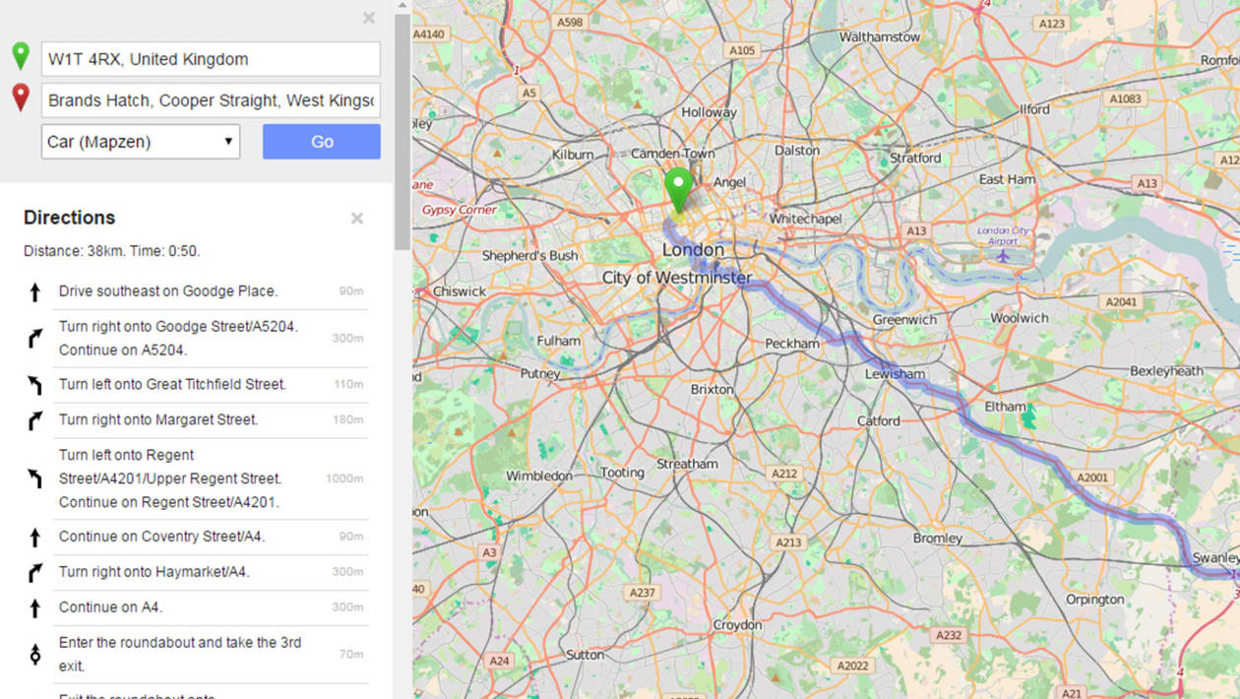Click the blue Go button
pos(321,142)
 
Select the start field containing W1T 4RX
pos(211,59)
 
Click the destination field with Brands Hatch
pos(211,100)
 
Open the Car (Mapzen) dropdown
pos(141,142)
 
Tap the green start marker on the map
pos(678,187)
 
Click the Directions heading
pos(69,218)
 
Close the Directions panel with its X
pos(357,218)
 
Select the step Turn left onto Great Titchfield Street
pos(172,384)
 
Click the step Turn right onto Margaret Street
pos(158,419)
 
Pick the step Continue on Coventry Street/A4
pos(161,537)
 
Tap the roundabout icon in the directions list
pos(35,653)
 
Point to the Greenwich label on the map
pos(904,320)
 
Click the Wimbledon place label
pos(538,476)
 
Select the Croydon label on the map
pos(737,625)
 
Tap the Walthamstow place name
pos(879,37)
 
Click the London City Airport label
pos(1002,235)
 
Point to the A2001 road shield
pos(1091,478)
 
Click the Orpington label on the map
pos(1094,599)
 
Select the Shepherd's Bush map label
pos(529,256)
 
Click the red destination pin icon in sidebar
pos(21,97)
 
